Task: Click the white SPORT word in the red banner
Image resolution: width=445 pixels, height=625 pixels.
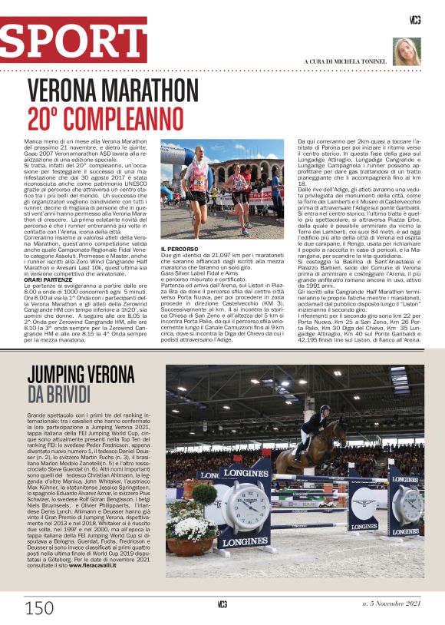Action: coord(74,40)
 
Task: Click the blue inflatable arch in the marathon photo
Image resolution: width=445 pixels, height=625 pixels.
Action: coord(170,164)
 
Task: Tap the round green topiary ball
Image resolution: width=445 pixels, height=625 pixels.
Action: coord(205,492)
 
